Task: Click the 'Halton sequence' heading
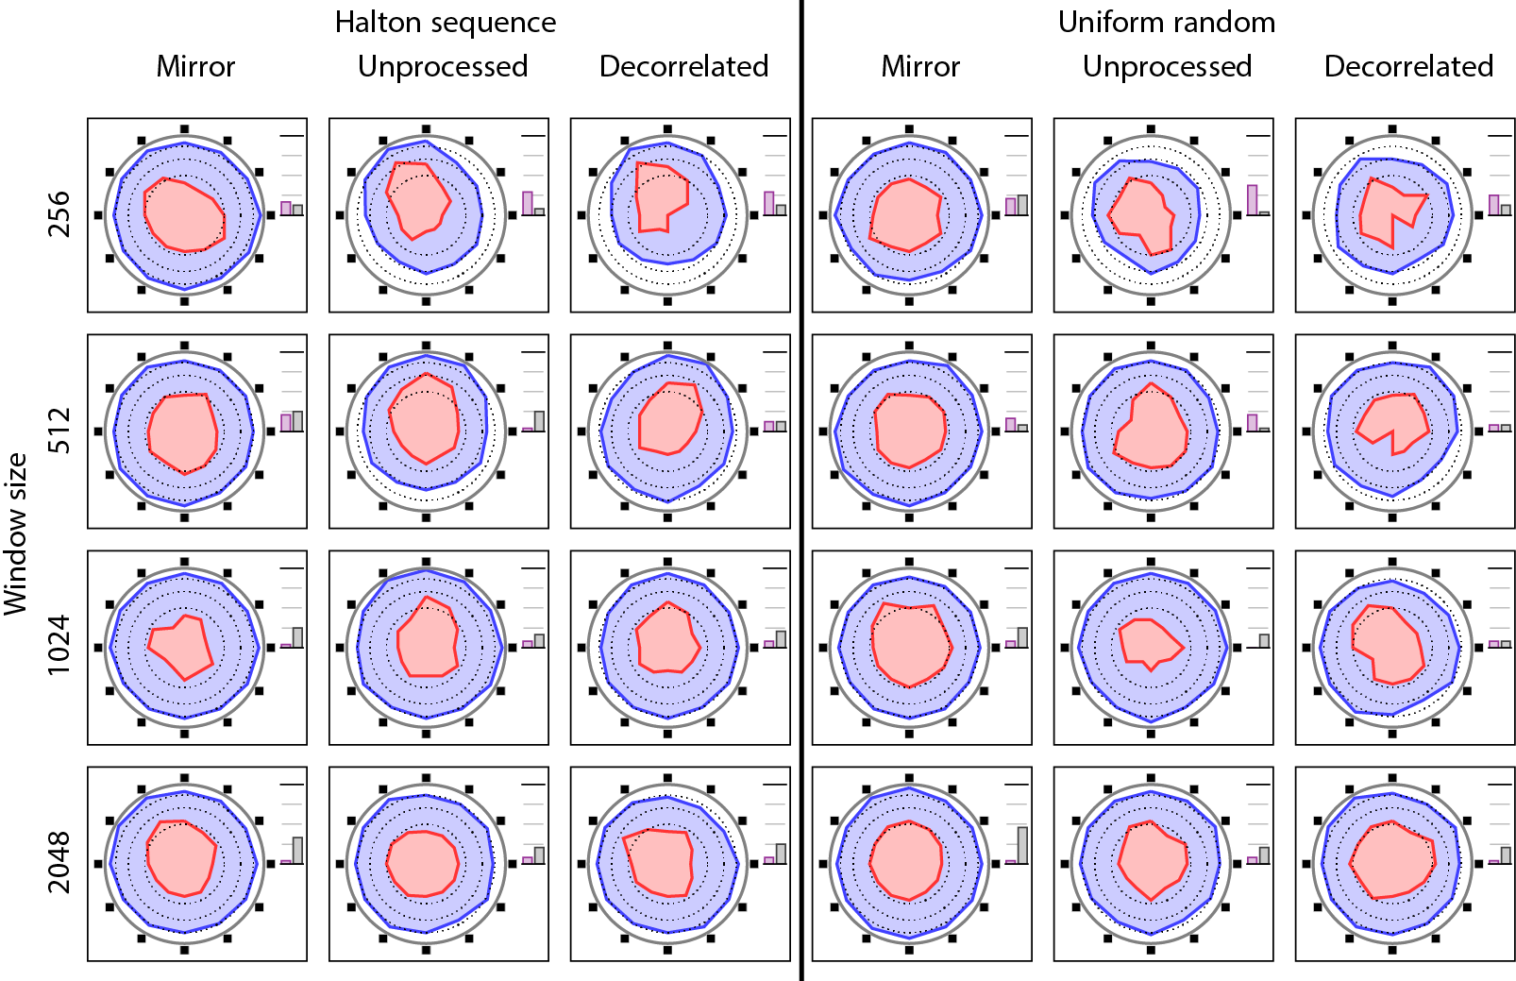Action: (445, 22)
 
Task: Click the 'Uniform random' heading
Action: (1166, 22)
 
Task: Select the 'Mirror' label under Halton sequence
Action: (195, 66)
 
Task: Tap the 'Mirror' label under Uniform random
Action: (920, 66)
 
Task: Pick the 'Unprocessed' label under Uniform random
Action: (1167, 66)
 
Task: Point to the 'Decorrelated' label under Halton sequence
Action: (683, 66)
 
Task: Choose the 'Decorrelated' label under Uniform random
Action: (1408, 66)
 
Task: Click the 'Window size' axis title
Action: (16, 534)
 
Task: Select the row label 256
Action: (59, 214)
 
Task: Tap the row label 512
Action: (59, 431)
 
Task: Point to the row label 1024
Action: (59, 646)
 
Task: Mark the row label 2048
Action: (59, 862)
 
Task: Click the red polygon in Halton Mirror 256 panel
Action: (184, 215)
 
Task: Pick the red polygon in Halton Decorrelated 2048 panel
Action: (661, 861)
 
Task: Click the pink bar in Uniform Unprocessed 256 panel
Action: (1252, 200)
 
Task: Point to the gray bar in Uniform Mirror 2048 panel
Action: (1022, 845)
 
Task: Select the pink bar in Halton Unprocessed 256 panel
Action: (528, 203)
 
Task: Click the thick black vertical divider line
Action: (801, 490)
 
